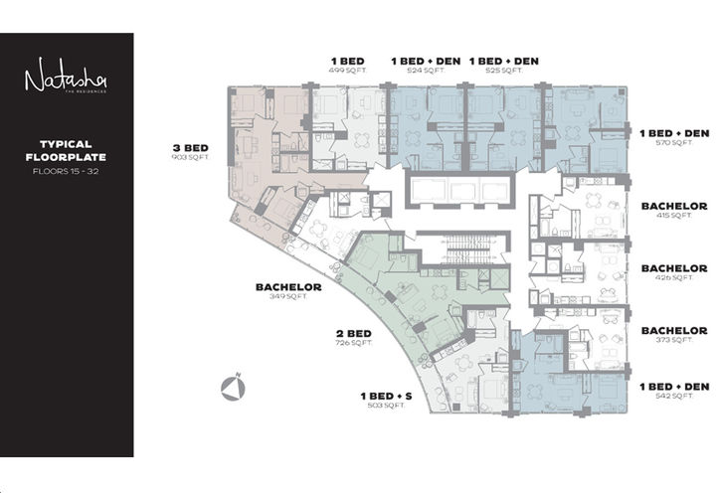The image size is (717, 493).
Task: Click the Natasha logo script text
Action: tap(67, 77)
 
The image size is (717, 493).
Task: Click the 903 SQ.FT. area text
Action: tap(191, 158)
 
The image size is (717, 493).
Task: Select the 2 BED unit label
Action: tap(353, 333)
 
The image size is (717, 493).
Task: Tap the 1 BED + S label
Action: tap(387, 396)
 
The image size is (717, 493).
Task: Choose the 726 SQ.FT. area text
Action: tap(353, 344)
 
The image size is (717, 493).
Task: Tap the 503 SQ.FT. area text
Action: tap(387, 406)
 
